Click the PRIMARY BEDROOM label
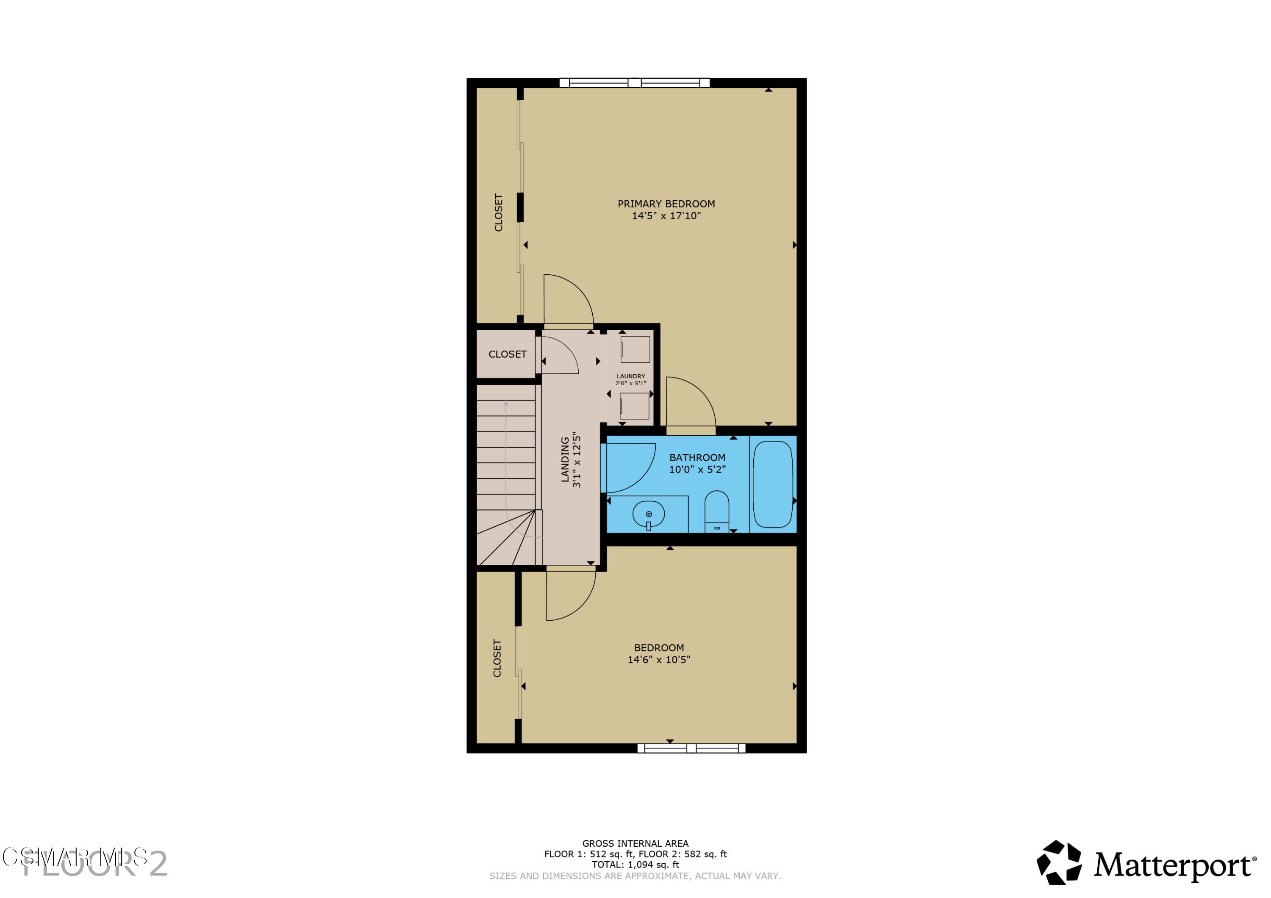[666, 204]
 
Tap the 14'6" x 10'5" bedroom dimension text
[659, 660]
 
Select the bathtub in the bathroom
[773, 484]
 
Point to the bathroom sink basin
[648, 514]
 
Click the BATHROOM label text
[697, 458]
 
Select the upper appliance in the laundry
[635, 349]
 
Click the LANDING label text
[565, 459]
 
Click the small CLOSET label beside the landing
[507, 354]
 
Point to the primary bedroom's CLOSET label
[498, 213]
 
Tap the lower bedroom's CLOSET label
[497, 658]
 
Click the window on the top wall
[634, 83]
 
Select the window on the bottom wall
[691, 749]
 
